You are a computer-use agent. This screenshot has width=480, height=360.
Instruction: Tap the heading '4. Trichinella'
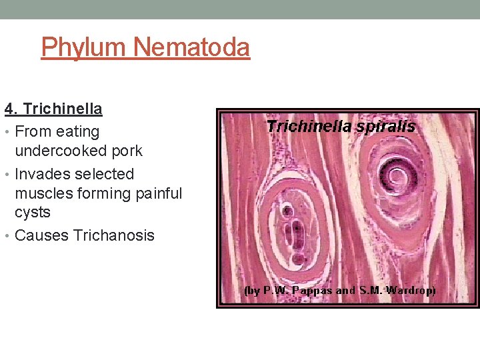[53, 108]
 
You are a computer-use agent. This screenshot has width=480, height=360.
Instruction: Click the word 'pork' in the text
[127, 151]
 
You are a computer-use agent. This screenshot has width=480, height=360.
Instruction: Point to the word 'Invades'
[42, 174]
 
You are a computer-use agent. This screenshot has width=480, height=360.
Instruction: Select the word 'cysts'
[33, 212]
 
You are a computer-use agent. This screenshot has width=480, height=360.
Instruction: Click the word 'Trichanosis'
[114, 235]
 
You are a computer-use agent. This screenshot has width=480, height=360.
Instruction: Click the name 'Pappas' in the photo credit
[311, 291]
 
